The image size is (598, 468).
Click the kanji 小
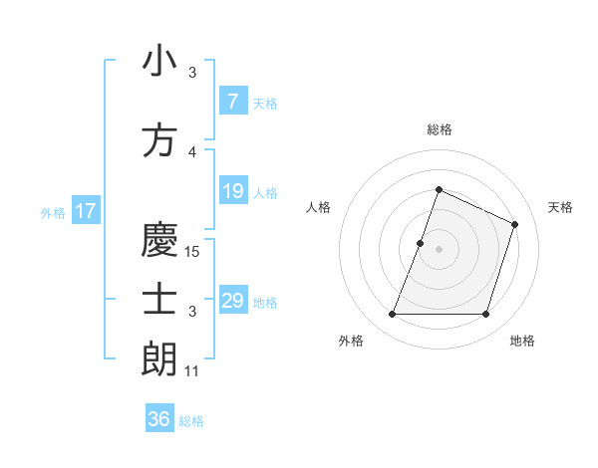(x=159, y=62)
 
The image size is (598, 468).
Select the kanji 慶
(x=159, y=241)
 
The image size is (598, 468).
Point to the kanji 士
(x=159, y=301)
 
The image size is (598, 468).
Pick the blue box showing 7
(x=232, y=102)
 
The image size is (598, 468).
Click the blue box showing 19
(x=232, y=191)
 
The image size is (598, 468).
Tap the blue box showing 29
(x=232, y=301)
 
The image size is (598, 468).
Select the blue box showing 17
(x=85, y=211)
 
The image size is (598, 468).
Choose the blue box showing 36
(x=159, y=419)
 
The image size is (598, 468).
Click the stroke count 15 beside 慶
(x=193, y=252)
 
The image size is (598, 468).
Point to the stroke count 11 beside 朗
(x=192, y=371)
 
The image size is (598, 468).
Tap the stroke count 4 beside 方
(x=192, y=152)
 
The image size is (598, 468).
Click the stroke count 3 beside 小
(x=192, y=73)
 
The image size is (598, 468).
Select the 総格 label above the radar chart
(x=440, y=129)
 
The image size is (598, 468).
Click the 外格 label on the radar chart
(x=351, y=341)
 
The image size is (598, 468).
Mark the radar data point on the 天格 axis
(x=515, y=224)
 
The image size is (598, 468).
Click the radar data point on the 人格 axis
(x=421, y=243)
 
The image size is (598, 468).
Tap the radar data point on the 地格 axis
(x=485, y=315)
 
